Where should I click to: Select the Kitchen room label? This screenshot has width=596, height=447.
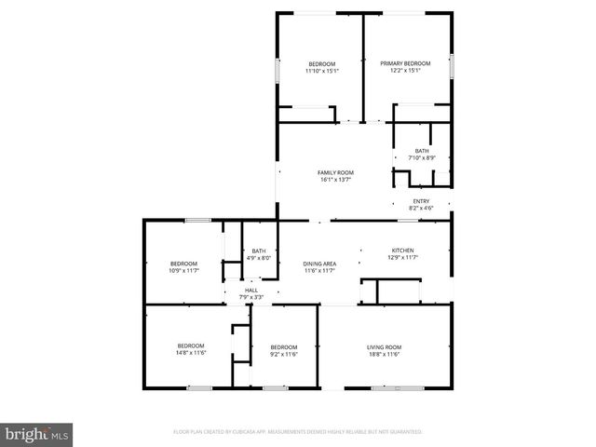[x=401, y=251]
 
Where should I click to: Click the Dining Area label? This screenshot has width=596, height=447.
[x=319, y=264]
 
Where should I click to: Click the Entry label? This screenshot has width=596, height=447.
[x=421, y=201]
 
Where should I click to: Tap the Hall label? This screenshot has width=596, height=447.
[x=251, y=291]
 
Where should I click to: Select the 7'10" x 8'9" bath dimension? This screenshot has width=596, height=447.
[x=422, y=158]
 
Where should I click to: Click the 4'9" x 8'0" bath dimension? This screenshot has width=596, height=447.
[x=259, y=258]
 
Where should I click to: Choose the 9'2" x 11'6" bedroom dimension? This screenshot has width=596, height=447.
[x=283, y=354]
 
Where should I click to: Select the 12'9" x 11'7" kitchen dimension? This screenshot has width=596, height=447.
[x=401, y=258]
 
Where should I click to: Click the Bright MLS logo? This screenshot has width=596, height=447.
[x=37, y=434]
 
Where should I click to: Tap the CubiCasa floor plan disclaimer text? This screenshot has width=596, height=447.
[x=298, y=432]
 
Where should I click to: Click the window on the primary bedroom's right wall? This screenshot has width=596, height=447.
[x=452, y=65]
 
